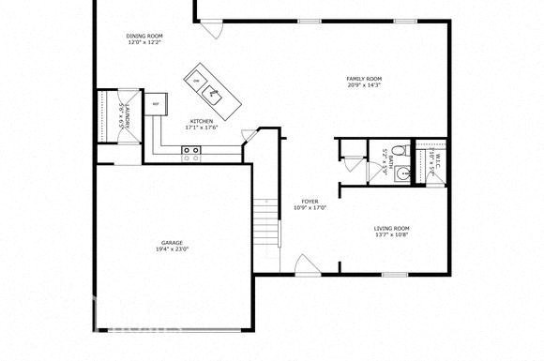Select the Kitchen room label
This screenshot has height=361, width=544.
tap(202, 121)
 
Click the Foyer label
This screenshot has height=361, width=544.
tap(309, 202)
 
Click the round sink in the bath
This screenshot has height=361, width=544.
tap(402, 173)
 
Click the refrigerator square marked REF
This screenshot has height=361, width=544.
tap(155, 102)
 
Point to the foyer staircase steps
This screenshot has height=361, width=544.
tap(267, 225)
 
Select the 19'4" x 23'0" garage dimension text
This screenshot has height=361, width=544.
tap(172, 249)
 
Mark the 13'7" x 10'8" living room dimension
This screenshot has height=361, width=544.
tap(392, 235)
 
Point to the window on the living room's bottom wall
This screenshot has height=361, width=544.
tap(394, 274)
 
